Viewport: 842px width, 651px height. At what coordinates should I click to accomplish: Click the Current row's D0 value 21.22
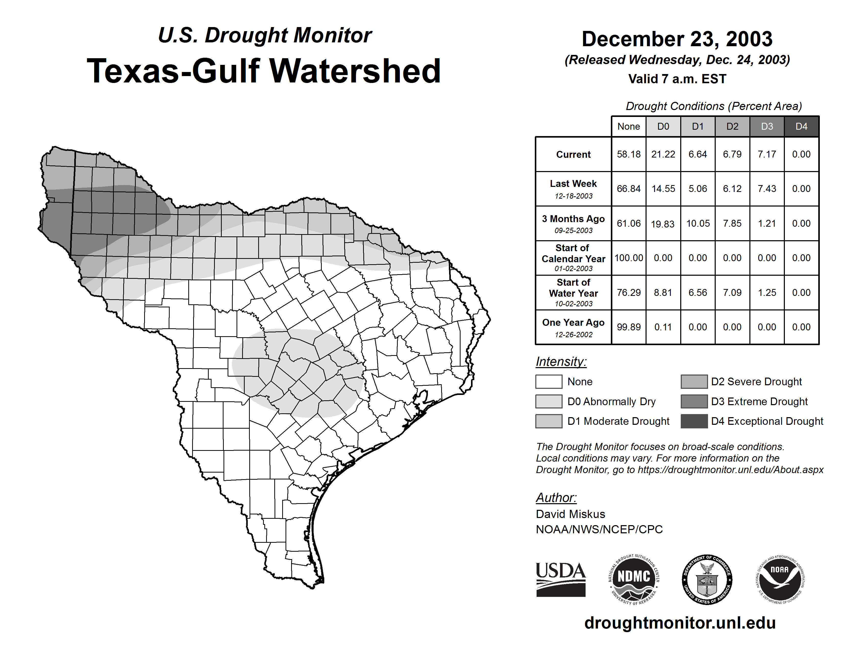click(663, 154)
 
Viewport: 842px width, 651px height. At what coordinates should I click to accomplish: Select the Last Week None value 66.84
click(628, 189)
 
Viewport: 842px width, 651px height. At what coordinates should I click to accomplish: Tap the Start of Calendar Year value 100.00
click(628, 258)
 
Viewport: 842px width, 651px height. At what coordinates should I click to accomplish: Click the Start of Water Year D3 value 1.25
click(767, 292)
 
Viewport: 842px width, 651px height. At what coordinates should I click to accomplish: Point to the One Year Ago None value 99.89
click(628, 327)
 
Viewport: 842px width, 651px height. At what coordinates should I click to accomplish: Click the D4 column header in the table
click(801, 126)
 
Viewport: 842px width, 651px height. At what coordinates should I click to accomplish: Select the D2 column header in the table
click(732, 126)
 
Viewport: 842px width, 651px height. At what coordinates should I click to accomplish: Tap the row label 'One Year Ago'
click(573, 323)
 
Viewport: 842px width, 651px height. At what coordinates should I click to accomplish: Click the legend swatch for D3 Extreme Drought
click(694, 401)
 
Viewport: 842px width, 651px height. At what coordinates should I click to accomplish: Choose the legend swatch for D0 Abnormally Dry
click(549, 401)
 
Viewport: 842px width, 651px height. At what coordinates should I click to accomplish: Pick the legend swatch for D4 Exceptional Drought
click(694, 421)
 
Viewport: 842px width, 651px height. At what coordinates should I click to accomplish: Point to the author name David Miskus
click(570, 514)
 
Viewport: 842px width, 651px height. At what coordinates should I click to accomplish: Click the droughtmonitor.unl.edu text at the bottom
click(680, 623)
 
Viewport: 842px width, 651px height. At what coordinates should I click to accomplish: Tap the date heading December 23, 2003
click(677, 39)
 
